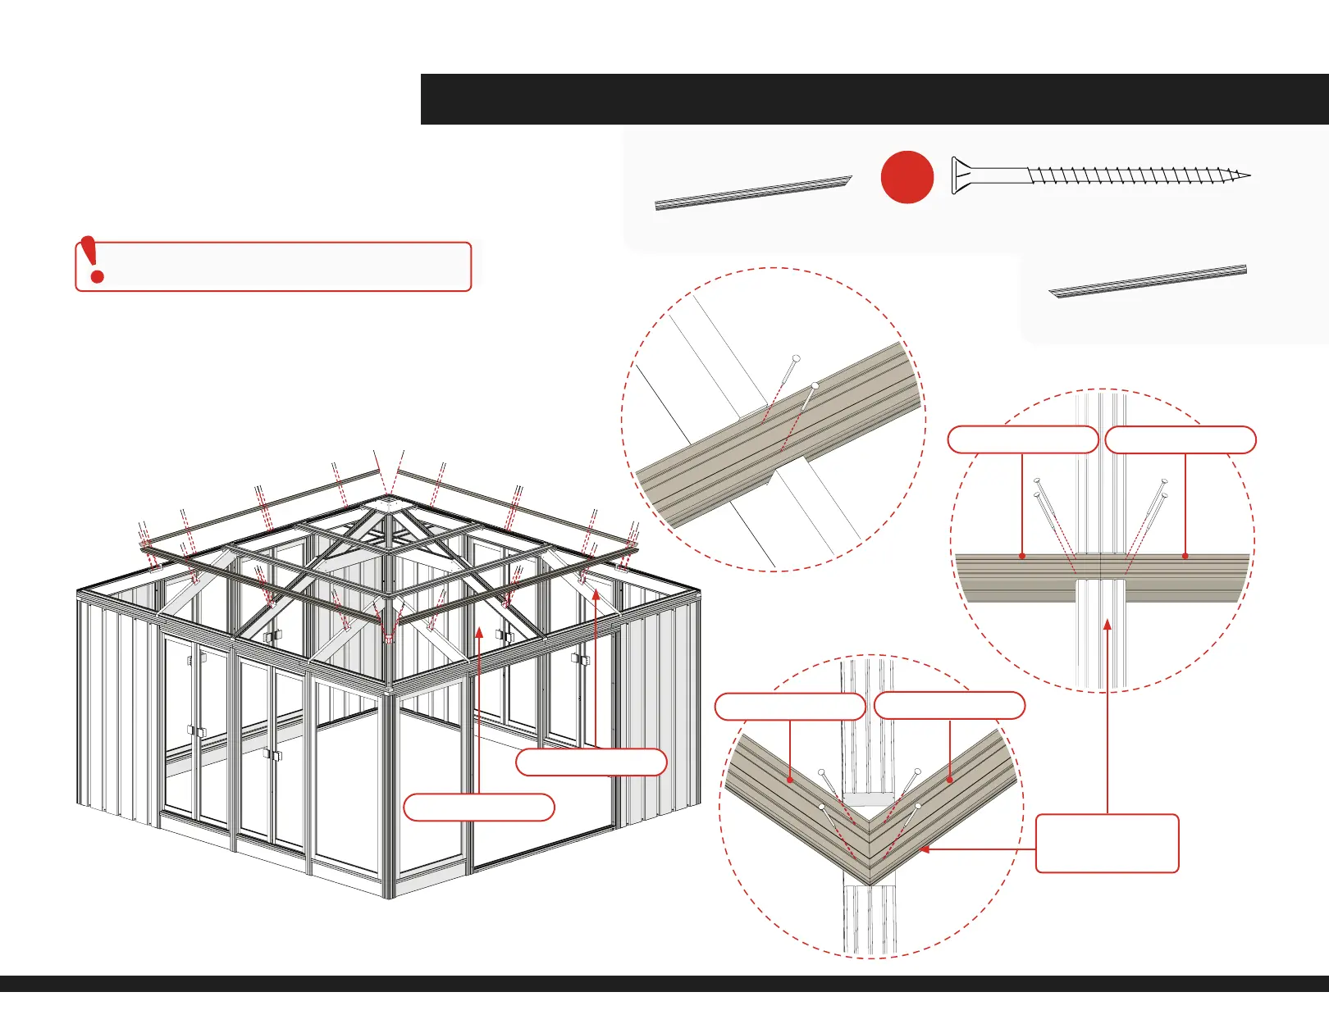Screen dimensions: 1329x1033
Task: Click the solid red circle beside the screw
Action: tap(907, 177)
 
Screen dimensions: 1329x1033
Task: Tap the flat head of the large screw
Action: tap(957, 175)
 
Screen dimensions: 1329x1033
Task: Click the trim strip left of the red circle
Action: tap(753, 193)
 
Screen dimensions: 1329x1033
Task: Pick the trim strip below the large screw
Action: tap(1148, 280)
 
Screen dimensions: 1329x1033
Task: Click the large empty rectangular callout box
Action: tap(1107, 843)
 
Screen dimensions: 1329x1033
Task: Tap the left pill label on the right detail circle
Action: tap(1022, 440)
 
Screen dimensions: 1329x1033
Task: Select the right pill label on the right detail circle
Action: tap(1180, 440)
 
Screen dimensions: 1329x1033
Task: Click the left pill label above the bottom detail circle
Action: tap(789, 707)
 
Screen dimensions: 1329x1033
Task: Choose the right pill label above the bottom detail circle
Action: tap(949, 706)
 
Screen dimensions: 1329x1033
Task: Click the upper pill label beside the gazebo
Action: tap(591, 762)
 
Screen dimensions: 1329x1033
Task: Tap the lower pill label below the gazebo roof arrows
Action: tap(479, 808)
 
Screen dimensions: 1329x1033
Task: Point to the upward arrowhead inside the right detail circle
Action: tap(1107, 625)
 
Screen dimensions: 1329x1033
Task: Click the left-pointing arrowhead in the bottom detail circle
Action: tap(925, 849)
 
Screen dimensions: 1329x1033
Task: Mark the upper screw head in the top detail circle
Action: tap(795, 359)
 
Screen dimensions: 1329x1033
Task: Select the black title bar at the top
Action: tap(875, 99)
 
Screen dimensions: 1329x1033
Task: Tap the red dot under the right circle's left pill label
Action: tap(1022, 556)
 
